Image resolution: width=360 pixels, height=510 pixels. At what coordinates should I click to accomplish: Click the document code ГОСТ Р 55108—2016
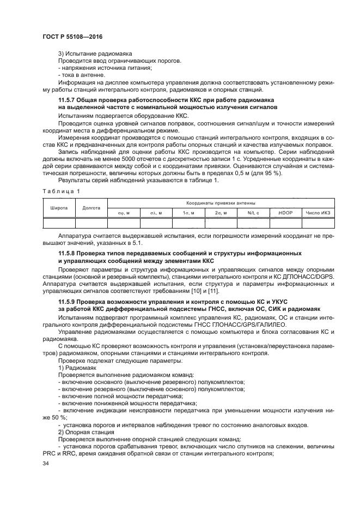[x=72, y=37]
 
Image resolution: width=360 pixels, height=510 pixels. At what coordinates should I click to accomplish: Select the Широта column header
[x=59, y=207]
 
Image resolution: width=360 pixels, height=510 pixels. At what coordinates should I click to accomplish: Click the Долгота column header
[x=91, y=207]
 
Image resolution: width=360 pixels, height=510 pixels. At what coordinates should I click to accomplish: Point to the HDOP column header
[x=285, y=212]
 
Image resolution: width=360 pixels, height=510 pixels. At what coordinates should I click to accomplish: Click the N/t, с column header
[x=253, y=212]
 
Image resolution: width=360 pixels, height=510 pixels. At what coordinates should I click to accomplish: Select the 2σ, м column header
[x=221, y=212]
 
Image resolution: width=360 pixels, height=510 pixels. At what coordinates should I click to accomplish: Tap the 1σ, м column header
[x=188, y=212]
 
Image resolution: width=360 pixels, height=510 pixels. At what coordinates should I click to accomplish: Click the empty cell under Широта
[x=59, y=222]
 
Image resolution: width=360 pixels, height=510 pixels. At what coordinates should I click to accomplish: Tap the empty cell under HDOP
[x=285, y=222]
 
